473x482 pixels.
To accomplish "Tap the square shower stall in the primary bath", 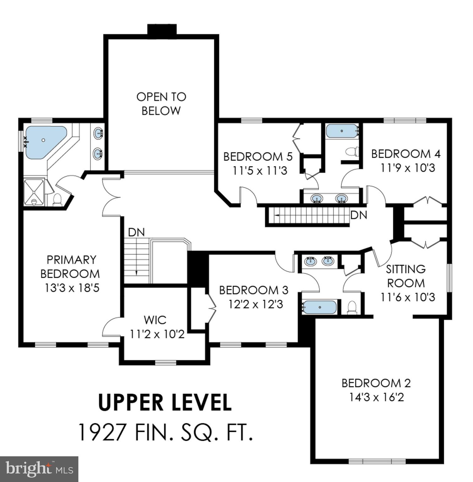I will click(34, 192).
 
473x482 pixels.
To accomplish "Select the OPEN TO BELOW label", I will click(161, 104).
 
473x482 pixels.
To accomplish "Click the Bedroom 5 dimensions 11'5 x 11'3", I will click(260, 171).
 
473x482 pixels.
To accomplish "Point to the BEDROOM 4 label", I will click(406, 154).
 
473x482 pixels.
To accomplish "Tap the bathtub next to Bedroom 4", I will click(342, 131).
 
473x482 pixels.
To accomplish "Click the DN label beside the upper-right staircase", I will click(359, 215).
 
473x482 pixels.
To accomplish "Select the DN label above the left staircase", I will click(136, 233).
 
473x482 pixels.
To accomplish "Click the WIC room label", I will click(155, 320).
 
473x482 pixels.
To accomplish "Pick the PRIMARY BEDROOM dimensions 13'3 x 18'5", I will click(72, 288).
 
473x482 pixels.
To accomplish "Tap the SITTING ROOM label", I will click(406, 276).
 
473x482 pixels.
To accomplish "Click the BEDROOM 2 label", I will click(376, 383).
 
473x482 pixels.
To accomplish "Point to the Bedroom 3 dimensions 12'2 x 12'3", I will click(256, 304).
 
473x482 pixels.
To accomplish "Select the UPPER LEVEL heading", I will click(165, 403).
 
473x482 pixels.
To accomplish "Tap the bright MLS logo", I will click(39, 469).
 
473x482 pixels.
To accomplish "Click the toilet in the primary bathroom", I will click(57, 200).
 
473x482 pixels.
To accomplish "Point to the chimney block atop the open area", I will click(162, 29).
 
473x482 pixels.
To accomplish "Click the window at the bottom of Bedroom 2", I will click(377, 461).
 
